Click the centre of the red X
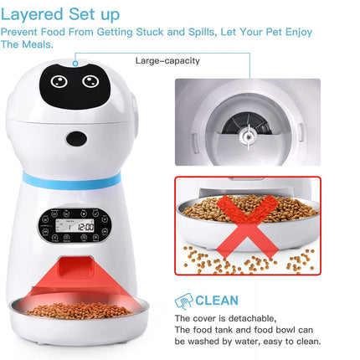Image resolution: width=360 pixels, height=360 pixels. point(246,224)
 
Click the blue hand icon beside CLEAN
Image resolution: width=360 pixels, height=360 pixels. point(183,301)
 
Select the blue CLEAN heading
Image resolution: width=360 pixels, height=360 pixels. point(217,300)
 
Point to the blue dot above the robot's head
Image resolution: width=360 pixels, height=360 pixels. point(75,61)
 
